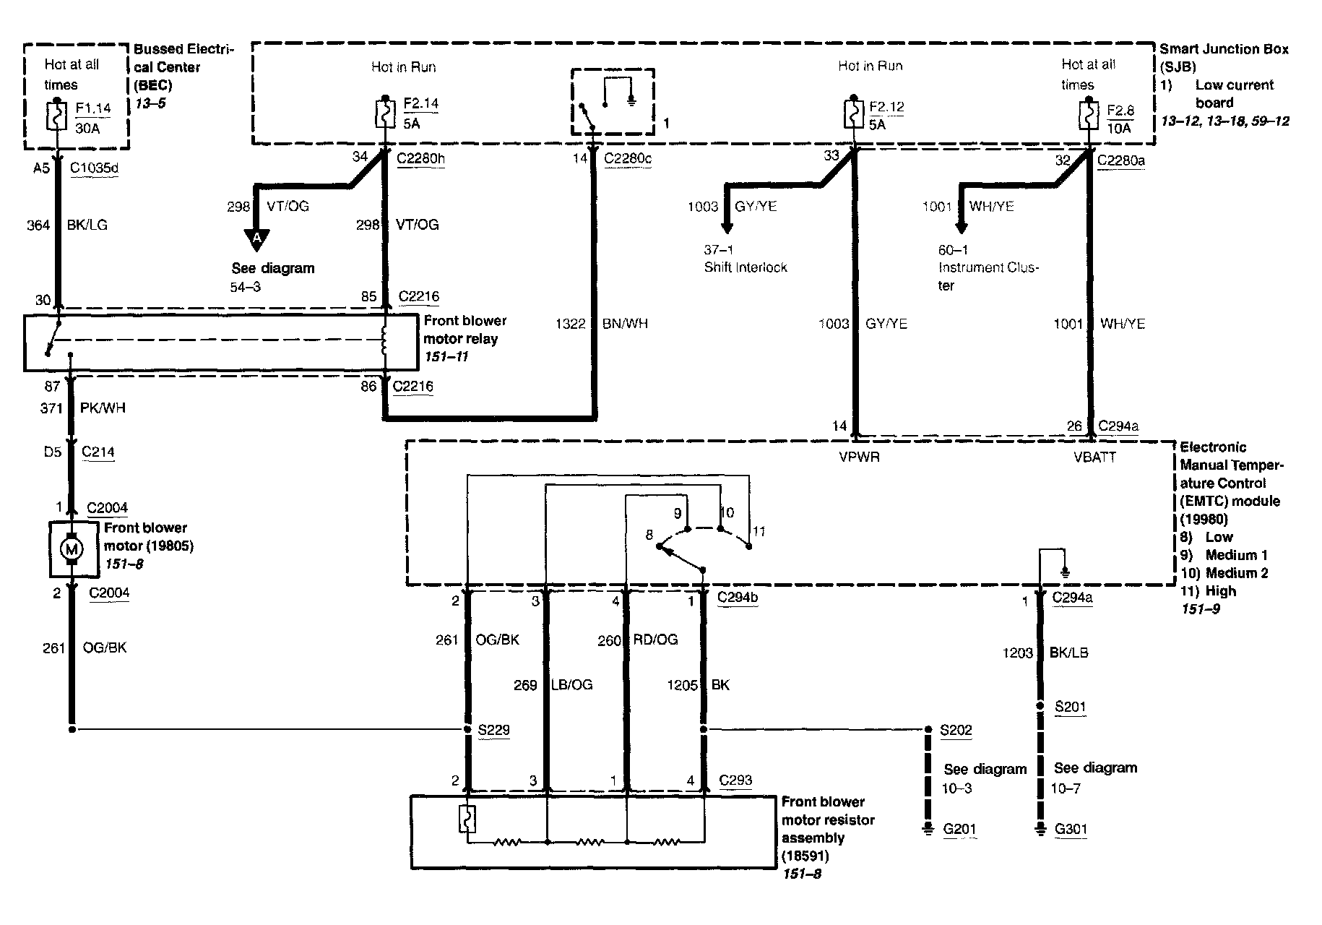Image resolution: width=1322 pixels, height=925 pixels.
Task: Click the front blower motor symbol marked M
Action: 72,550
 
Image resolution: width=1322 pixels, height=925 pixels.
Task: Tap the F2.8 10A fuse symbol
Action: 1088,116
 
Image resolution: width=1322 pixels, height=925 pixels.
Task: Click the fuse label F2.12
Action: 886,107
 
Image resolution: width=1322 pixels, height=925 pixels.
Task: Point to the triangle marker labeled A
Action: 256,238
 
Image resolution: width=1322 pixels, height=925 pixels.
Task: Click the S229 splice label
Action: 494,730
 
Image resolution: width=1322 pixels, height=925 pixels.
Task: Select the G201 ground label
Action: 959,830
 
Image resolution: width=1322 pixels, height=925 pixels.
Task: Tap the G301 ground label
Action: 1071,830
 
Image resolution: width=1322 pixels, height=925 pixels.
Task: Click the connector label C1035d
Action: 94,168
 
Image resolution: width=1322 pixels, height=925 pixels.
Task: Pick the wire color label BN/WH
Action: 625,324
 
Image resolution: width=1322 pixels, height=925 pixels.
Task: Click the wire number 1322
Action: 570,324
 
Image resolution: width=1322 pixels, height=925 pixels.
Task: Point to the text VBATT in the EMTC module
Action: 1095,457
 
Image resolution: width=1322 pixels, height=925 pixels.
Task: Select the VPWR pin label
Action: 859,457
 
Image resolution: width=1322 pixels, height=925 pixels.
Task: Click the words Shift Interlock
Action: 746,267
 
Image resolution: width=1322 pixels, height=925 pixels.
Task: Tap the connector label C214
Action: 98,452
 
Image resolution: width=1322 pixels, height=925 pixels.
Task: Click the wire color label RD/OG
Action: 656,640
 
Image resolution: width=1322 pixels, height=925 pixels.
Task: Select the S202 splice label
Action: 956,730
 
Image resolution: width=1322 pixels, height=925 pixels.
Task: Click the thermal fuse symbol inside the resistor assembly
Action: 467,819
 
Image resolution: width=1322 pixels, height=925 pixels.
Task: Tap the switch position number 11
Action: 759,531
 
